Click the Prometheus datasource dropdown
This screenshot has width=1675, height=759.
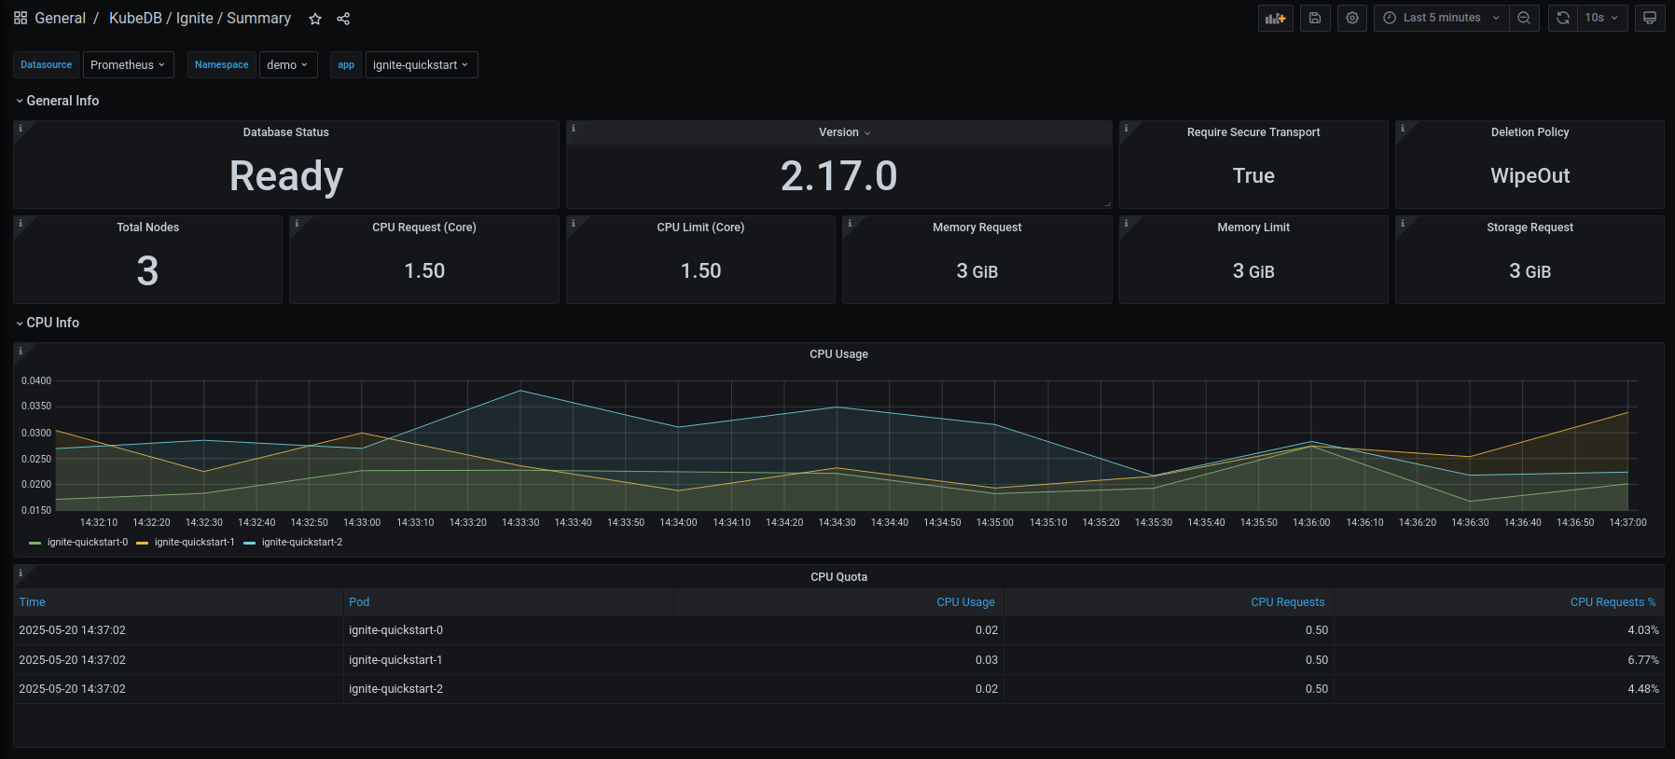pos(128,65)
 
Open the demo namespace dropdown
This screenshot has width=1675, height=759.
pos(287,65)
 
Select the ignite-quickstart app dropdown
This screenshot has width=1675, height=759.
pos(421,65)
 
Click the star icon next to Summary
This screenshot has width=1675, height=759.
pos(315,19)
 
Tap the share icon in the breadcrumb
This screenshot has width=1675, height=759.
pos(343,19)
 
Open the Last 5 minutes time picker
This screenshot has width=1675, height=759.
pos(1441,18)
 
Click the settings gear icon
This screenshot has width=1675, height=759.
pos(1352,18)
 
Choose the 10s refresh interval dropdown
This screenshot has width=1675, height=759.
pos(1601,18)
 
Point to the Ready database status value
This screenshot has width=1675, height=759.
pos(286,176)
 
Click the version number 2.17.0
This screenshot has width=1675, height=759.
pos(838,176)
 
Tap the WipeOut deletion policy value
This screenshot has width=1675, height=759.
pos(1530,176)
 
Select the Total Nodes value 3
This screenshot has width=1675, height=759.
pos(147,271)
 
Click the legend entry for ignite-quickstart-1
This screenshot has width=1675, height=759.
pos(194,543)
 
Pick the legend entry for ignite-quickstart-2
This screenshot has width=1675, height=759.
pos(301,543)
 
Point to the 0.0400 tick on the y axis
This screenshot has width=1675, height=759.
pos(36,380)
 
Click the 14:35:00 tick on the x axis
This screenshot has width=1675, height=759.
pos(994,523)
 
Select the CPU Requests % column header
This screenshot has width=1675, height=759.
pos(1613,602)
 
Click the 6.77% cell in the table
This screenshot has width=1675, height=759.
pos(1642,660)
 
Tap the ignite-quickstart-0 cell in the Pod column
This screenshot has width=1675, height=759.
pos(395,630)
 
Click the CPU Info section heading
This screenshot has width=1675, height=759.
pos(52,323)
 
